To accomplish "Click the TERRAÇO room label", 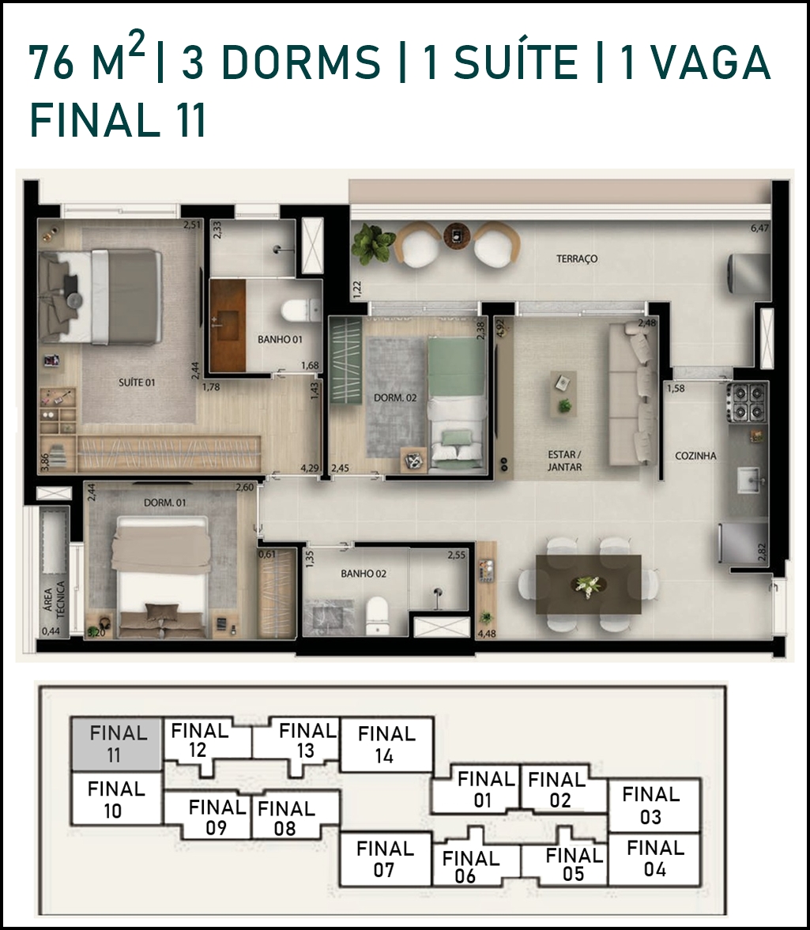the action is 576,258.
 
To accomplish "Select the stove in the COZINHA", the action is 748,402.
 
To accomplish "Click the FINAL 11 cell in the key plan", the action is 116,744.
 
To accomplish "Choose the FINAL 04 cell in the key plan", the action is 654,860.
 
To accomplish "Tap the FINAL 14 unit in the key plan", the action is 386,744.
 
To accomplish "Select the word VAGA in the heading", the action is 709,62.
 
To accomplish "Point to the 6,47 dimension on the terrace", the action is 759,228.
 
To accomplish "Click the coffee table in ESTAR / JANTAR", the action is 563,393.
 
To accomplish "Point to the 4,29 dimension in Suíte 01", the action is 310,468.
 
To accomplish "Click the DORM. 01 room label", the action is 165,503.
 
